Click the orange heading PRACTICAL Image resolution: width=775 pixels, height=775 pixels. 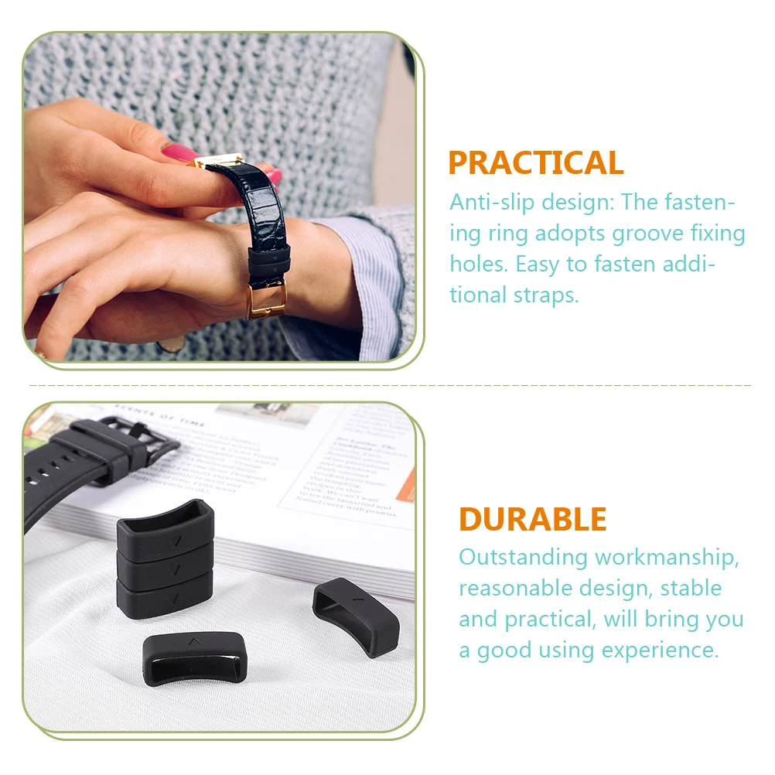point(535,163)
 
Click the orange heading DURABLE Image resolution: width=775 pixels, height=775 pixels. point(532,519)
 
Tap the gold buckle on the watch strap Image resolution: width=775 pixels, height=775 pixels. point(265,296)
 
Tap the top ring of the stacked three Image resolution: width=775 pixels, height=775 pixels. point(164,527)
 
